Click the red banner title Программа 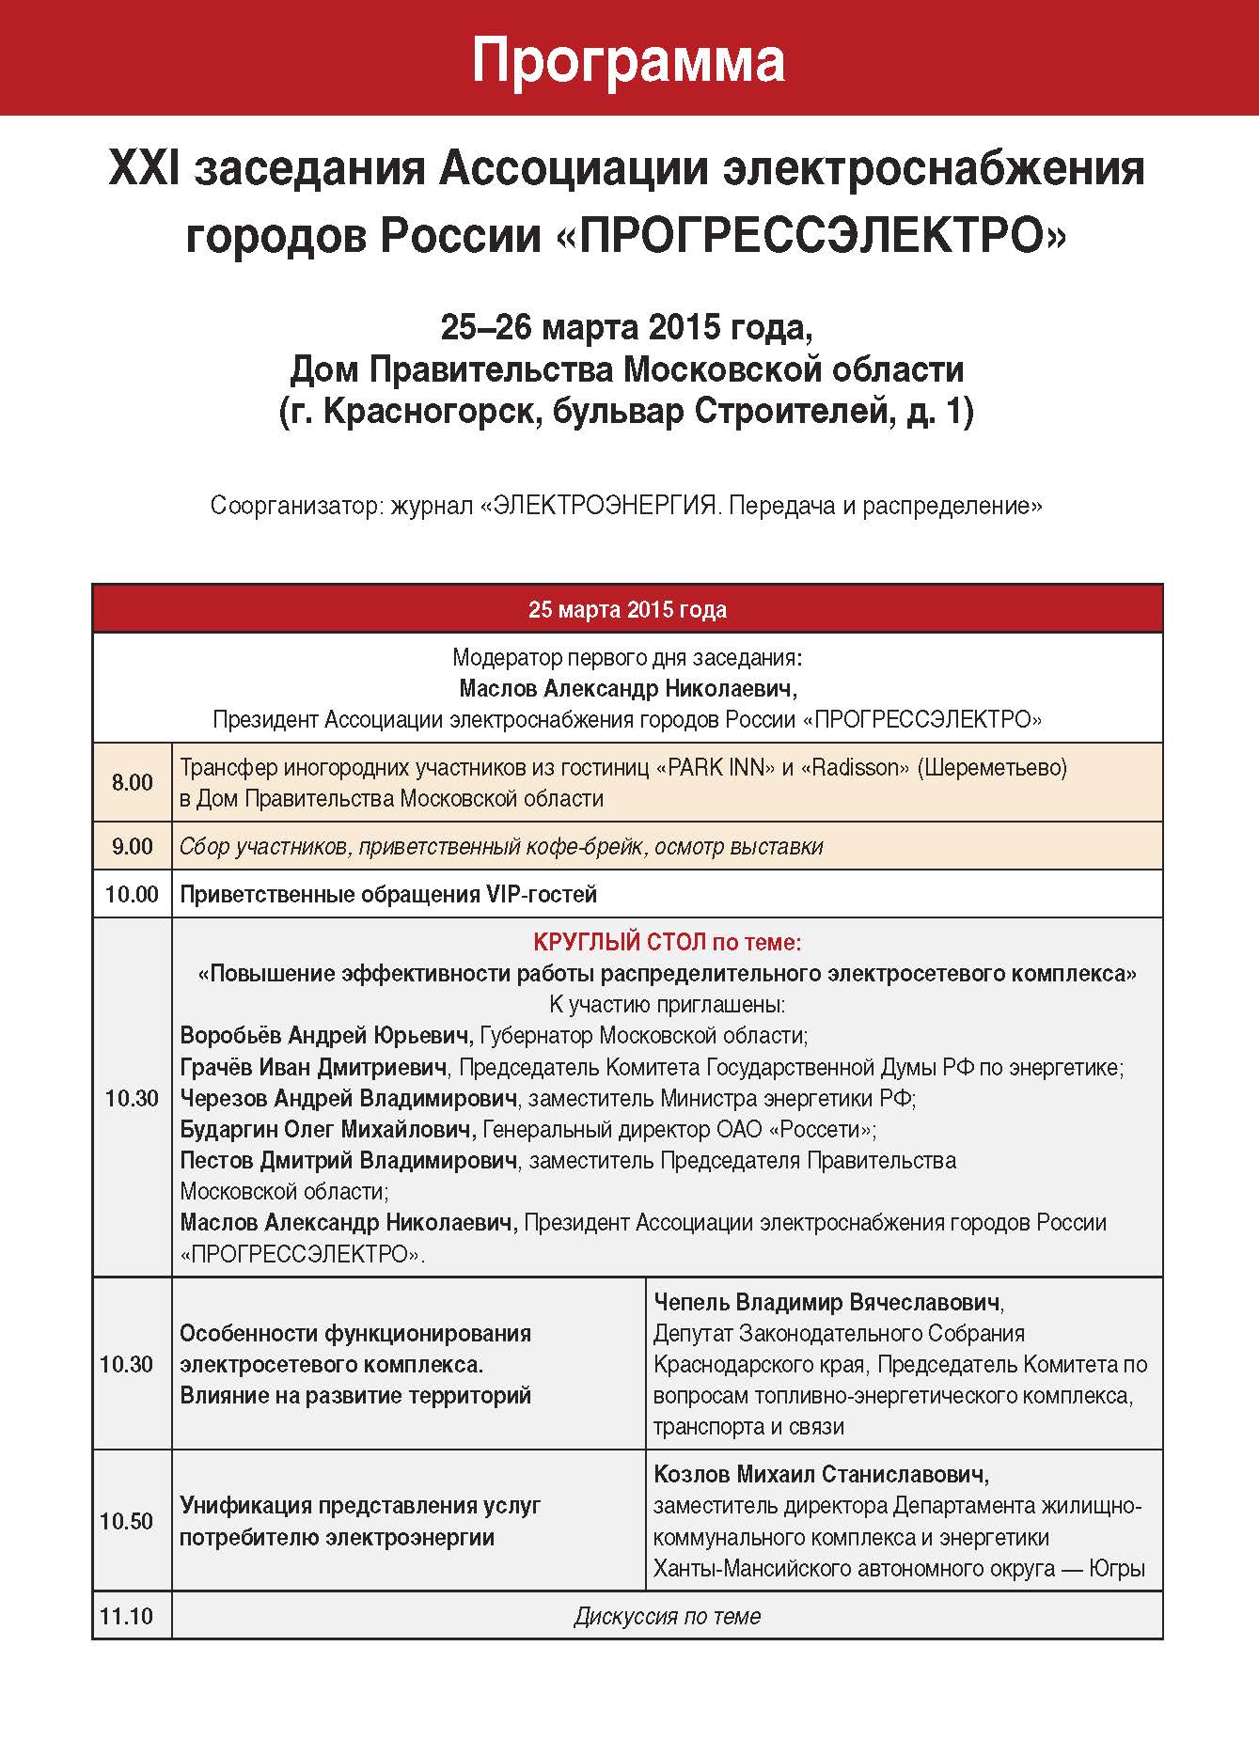[627, 60]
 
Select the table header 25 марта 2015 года [627, 609]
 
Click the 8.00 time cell [132, 782]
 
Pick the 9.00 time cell [132, 846]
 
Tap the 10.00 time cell [132, 894]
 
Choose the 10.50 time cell [127, 1520]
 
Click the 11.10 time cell [127, 1616]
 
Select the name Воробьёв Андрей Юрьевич [324, 1036]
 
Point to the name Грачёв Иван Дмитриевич [313, 1067]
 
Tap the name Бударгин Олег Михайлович [326, 1129]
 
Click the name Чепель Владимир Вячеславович [826, 1302]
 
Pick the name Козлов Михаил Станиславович [819, 1474]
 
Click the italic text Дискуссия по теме [667, 1616]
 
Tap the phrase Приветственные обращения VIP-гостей [388, 894]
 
